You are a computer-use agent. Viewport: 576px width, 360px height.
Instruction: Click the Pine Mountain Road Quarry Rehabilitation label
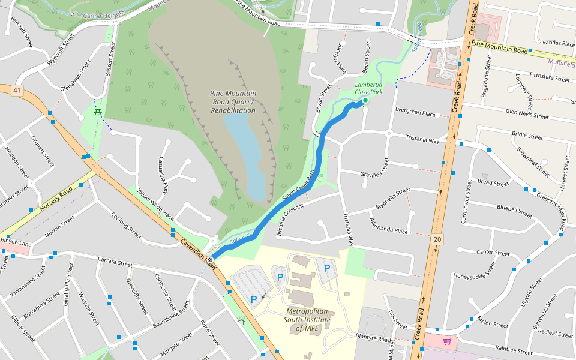(233, 102)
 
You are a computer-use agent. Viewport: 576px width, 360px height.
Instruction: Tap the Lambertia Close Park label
(368, 89)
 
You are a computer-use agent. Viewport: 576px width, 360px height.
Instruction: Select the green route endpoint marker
(365, 102)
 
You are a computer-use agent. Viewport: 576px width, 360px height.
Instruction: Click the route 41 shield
(17, 91)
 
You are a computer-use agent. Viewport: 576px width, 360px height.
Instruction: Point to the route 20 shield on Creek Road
(437, 239)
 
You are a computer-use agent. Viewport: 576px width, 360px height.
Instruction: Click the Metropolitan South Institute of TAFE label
(308, 320)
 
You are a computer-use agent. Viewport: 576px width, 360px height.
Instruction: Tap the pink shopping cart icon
(447, 341)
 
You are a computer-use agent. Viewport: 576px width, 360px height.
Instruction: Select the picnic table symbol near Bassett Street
(97, 112)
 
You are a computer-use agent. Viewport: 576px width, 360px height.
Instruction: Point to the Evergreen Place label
(415, 113)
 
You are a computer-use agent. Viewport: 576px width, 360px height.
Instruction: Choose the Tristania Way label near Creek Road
(422, 139)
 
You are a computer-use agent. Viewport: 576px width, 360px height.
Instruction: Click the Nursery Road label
(56, 199)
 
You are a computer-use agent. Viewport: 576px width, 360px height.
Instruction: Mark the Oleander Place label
(556, 43)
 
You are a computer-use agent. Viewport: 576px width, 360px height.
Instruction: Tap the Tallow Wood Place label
(155, 204)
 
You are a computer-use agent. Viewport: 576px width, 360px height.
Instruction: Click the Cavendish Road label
(197, 251)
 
